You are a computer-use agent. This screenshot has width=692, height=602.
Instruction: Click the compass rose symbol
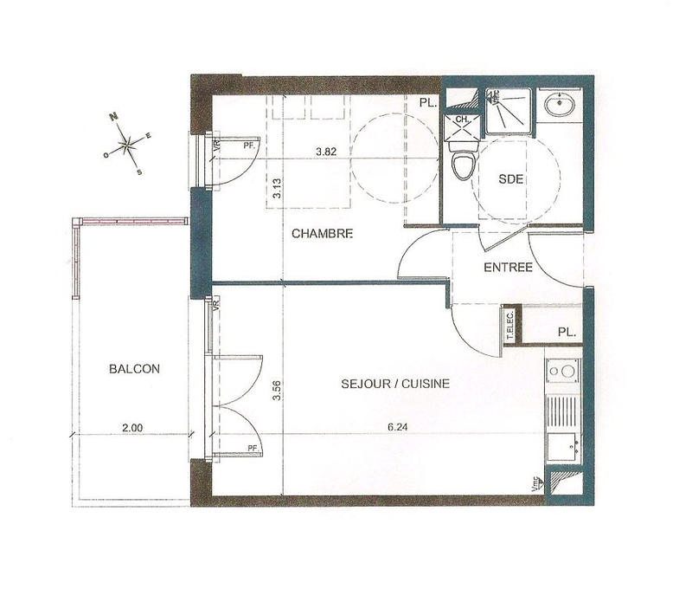click(127, 144)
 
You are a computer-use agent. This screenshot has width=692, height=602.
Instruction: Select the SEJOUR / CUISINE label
click(394, 384)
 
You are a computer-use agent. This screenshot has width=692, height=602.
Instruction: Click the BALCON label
click(134, 368)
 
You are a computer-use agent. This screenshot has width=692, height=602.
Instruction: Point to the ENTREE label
click(508, 268)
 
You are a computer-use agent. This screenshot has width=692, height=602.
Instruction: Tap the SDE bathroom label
click(512, 179)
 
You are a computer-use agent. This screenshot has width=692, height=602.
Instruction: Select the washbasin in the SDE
click(560, 108)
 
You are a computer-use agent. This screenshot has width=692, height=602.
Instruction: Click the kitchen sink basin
click(564, 448)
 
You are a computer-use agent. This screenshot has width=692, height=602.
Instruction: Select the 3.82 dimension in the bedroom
click(325, 152)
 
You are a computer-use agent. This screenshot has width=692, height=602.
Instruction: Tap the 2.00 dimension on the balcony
click(131, 426)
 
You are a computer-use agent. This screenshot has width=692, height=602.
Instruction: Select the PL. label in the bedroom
click(426, 103)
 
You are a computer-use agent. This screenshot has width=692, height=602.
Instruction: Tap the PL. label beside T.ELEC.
click(567, 331)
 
